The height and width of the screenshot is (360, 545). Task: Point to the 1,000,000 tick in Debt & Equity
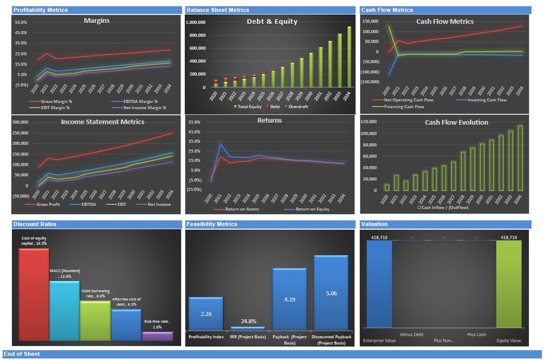pyautogui.click(x=195, y=22)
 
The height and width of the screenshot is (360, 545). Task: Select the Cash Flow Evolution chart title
pyautogui.click(x=449, y=123)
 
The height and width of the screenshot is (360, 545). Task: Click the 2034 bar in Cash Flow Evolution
pyautogui.click(x=520, y=158)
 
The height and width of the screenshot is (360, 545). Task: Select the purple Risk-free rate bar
pyautogui.click(x=157, y=336)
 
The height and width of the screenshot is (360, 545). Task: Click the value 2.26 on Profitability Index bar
pyautogui.click(x=205, y=314)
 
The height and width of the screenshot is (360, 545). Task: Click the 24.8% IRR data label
pyautogui.click(x=248, y=321)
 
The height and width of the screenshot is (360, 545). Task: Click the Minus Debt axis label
pyautogui.click(x=411, y=335)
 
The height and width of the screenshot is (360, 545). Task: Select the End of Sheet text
pyautogui.click(x=21, y=354)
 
